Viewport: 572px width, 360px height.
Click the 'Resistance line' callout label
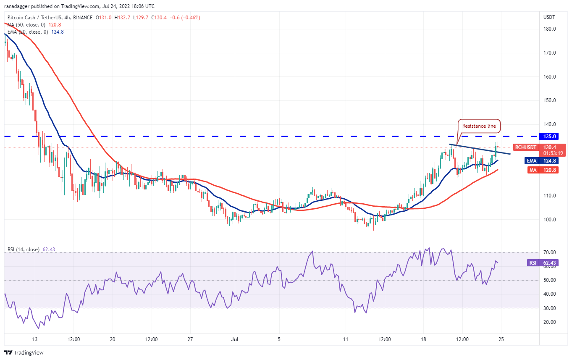click(x=478, y=126)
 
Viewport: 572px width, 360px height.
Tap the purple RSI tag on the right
click(x=533, y=263)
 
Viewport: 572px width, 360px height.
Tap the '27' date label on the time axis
click(x=190, y=339)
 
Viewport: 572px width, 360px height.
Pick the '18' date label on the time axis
click(x=424, y=339)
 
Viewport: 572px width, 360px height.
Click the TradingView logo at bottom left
click(x=24, y=353)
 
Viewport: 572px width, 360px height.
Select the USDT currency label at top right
click(x=549, y=17)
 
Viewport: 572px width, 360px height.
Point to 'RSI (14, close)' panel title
click(x=24, y=250)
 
